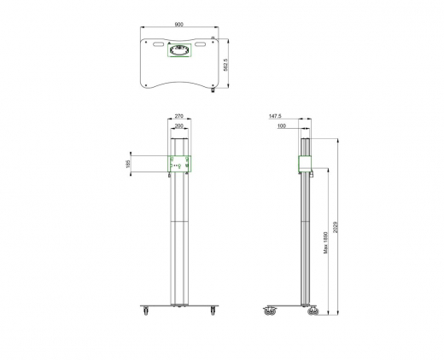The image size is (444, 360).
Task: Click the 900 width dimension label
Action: coord(178,25)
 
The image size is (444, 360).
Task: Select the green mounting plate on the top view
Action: coord(179,50)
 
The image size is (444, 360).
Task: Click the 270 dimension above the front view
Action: coord(178,115)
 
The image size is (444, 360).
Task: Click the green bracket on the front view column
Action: coord(178,164)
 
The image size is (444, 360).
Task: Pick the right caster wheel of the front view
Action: coord(211,311)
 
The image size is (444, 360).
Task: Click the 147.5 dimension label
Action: coord(275,115)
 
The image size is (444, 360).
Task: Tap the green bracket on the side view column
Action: coord(306,165)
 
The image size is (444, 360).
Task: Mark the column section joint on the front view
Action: coord(178,224)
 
